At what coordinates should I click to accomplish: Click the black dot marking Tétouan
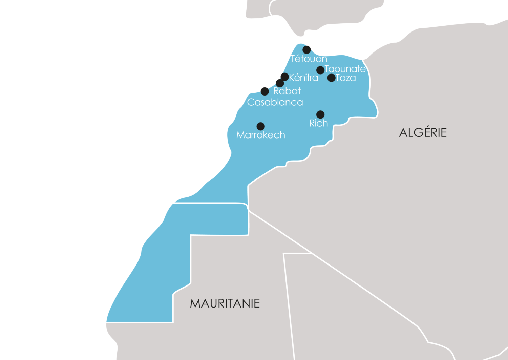click(x=306, y=50)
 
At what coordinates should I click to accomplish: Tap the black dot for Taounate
click(x=320, y=70)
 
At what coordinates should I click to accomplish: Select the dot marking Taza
click(x=332, y=78)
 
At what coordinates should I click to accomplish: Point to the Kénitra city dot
click(x=285, y=77)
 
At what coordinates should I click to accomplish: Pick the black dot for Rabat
click(x=280, y=83)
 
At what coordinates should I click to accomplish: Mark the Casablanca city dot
click(x=265, y=91)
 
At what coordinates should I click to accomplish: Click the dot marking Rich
click(x=320, y=114)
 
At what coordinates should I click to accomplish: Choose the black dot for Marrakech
click(x=261, y=126)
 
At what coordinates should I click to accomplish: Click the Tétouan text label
click(x=309, y=59)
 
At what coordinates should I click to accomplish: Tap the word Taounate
click(x=345, y=69)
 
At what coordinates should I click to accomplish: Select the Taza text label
click(x=346, y=78)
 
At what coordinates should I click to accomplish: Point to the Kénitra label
click(x=303, y=78)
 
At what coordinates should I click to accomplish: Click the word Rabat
click(x=287, y=91)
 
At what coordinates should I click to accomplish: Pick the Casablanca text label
click(x=275, y=102)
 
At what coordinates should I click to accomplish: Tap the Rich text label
click(x=319, y=123)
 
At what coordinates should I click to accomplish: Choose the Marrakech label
click(x=261, y=135)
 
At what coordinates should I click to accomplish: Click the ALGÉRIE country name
click(x=423, y=132)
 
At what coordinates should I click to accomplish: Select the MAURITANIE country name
click(x=225, y=303)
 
